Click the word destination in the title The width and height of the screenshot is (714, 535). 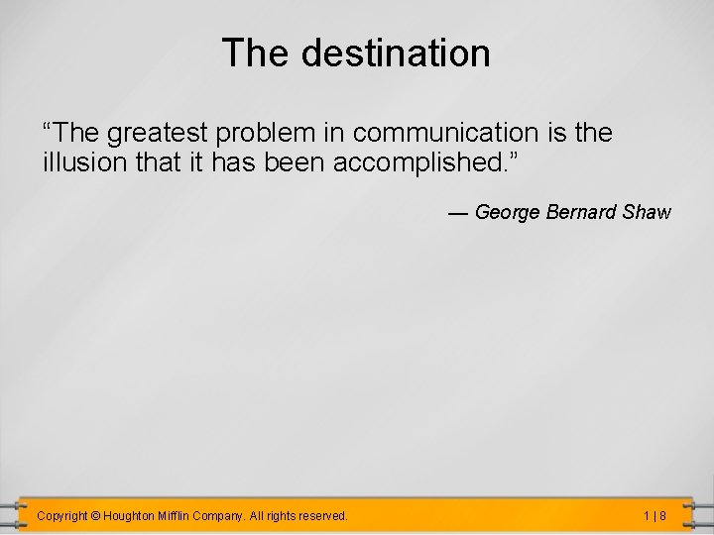(397, 53)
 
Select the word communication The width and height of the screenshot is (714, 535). (462, 133)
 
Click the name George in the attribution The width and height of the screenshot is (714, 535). (508, 212)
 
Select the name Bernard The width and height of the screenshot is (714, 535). (580, 212)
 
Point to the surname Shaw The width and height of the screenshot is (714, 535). (647, 212)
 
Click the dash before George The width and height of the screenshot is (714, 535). (458, 212)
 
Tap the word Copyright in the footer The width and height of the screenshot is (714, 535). (61, 516)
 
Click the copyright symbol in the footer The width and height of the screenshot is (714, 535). (95, 516)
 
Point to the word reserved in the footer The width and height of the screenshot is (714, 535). (322, 516)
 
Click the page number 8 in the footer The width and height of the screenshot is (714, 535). (661, 516)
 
